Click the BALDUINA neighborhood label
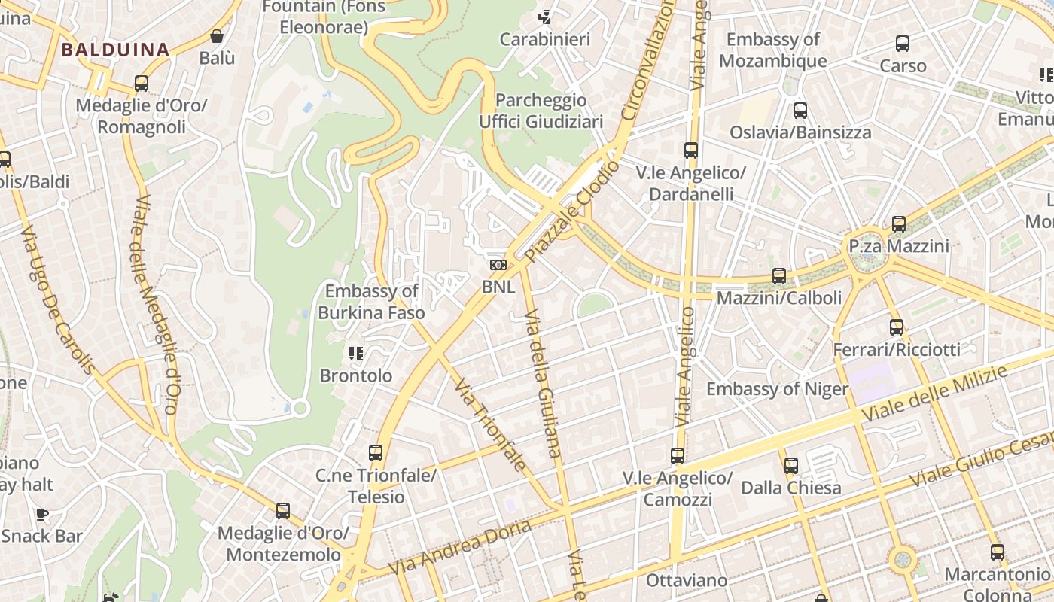pyautogui.click(x=115, y=50)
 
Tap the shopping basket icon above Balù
pyautogui.click(x=217, y=36)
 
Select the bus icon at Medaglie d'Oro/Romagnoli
pyautogui.click(x=141, y=84)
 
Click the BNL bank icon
pyautogui.click(x=498, y=265)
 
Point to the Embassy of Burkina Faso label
pyautogui.click(x=371, y=302)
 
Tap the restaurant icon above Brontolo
pyautogui.click(x=356, y=353)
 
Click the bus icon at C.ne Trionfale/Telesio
pyautogui.click(x=376, y=453)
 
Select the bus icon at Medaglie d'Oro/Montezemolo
pyautogui.click(x=283, y=511)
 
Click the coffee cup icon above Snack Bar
pyautogui.click(x=42, y=515)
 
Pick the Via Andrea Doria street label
pyautogui.click(x=460, y=547)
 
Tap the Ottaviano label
pyautogui.click(x=687, y=580)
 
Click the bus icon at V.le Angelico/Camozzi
pyautogui.click(x=678, y=456)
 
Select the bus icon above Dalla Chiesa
pyautogui.click(x=791, y=466)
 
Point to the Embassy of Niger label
pyautogui.click(x=777, y=389)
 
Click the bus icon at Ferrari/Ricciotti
pyautogui.click(x=896, y=327)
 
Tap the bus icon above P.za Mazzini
pyautogui.click(x=899, y=224)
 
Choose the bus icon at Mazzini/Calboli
pyautogui.click(x=779, y=276)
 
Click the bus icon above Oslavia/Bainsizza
pyautogui.click(x=800, y=111)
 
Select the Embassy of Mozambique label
pyautogui.click(x=772, y=50)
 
